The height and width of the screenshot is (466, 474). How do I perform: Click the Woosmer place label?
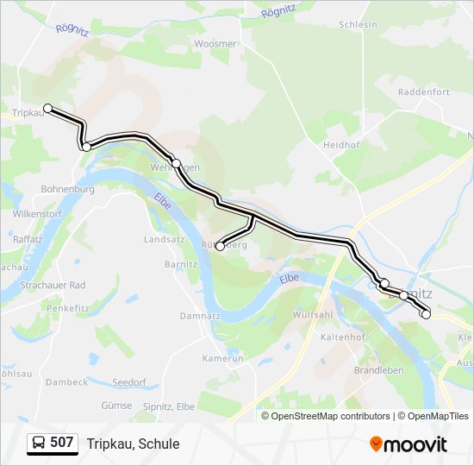(x=215, y=43)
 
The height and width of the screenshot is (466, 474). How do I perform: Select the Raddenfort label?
(x=423, y=92)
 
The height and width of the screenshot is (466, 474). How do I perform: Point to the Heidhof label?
(x=340, y=145)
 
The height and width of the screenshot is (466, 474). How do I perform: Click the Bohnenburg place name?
(x=67, y=188)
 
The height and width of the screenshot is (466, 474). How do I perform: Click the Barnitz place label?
(x=181, y=264)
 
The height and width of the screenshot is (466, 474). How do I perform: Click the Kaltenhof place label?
(x=343, y=337)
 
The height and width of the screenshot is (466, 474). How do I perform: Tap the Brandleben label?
(x=378, y=370)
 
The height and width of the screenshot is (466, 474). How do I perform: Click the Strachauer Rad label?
(x=53, y=285)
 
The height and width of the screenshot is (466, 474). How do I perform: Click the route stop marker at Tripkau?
(x=48, y=109)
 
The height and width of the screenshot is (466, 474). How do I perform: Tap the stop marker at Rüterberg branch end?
(x=220, y=247)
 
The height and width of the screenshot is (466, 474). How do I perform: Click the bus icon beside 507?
(x=38, y=443)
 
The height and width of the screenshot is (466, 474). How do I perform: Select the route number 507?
(x=62, y=443)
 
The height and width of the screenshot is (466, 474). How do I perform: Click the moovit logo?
(x=409, y=444)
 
